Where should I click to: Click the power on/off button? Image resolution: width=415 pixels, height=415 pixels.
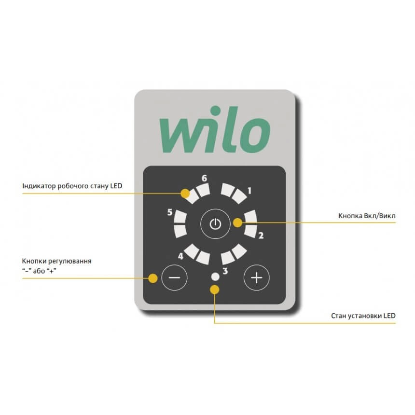point(215,224)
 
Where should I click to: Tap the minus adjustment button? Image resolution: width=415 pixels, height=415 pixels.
point(174,277)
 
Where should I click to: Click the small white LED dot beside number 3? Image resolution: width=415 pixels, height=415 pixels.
point(215,277)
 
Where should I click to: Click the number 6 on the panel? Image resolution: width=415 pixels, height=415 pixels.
point(204,178)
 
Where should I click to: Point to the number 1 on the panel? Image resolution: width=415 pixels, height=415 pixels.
point(249,191)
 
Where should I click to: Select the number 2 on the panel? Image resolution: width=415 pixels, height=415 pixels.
point(261,235)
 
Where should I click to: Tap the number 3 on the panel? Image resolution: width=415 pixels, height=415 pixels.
point(225,271)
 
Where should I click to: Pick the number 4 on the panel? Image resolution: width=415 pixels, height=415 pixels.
point(180,256)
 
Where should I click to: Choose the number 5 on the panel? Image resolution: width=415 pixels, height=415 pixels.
point(170,212)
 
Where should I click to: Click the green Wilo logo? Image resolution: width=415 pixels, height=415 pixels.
point(215,130)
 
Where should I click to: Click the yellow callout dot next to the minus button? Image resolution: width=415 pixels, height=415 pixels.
point(152,278)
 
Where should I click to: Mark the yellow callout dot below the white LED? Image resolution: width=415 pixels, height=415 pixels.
point(215,290)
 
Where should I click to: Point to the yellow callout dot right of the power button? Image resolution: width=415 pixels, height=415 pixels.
point(238,222)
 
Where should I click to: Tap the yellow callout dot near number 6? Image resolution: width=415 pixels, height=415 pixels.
point(185,194)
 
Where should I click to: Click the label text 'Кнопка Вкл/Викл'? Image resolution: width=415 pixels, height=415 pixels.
point(367,216)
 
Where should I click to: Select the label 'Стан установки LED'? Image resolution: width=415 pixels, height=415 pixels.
point(363,316)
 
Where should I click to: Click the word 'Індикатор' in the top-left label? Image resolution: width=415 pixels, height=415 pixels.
point(39,186)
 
